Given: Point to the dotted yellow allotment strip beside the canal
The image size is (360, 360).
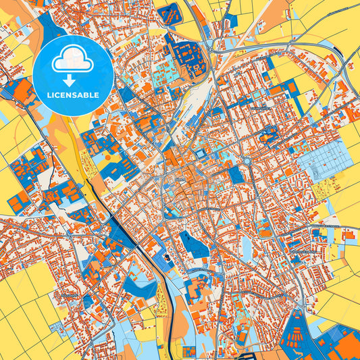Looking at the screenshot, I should pos(86,162).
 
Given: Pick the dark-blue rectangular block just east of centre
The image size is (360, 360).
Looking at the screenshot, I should pos(235,174).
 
